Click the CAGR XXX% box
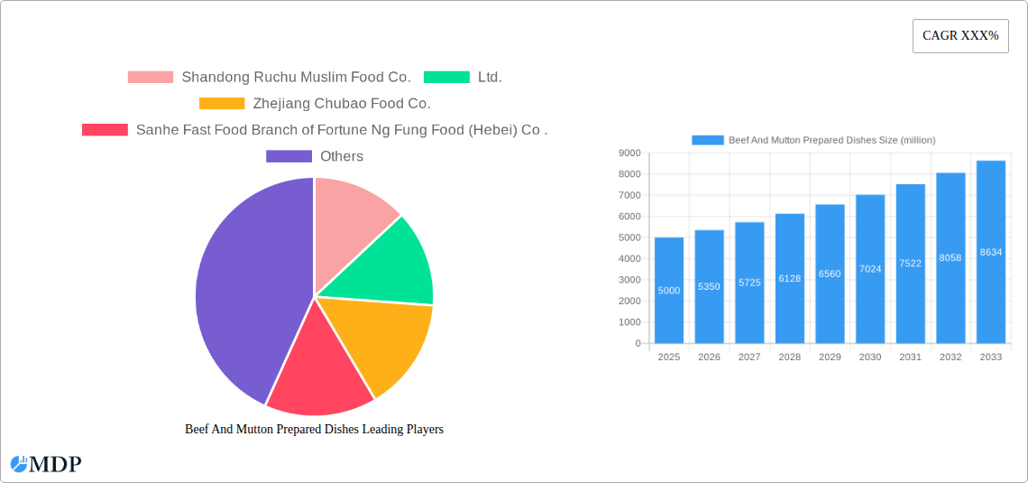pos(960,36)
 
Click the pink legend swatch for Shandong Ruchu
pos(150,78)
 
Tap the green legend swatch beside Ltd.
pos(446,78)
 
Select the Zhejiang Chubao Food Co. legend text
pos(342,104)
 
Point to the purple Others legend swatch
pos(289,156)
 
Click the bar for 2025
pos(669,290)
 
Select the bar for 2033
pos(990,252)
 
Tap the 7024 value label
pos(870,269)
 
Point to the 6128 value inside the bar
pos(789,279)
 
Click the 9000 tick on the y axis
pos(629,153)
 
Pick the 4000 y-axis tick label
pos(629,259)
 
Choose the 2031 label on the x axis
pos(910,358)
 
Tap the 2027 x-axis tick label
pos(749,358)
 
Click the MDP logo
pos(46,464)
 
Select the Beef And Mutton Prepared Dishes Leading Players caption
pos(314,430)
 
